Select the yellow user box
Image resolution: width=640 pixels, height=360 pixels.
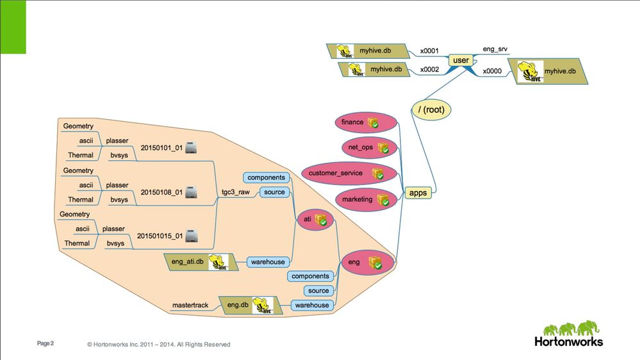461,60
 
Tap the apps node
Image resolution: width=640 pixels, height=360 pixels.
418,192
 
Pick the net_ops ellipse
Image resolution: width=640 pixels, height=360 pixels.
366,148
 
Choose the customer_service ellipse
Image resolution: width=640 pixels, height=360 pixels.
343,174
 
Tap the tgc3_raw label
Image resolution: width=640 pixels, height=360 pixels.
235,192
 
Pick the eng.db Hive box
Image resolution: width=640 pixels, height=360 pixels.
249,305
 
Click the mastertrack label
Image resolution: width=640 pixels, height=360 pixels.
191,306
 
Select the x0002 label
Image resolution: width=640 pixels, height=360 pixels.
429,70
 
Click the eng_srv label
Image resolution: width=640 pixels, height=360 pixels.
496,48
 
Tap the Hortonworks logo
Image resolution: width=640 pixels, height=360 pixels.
569,334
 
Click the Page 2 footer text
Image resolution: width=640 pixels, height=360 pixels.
45,344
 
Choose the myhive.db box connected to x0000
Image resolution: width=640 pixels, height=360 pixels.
548,71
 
